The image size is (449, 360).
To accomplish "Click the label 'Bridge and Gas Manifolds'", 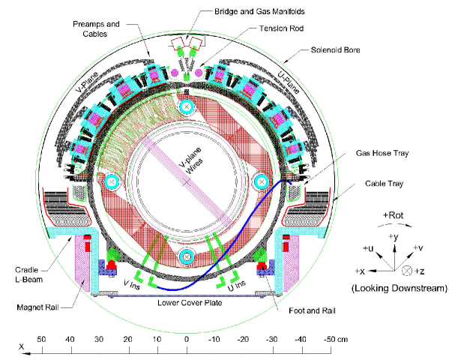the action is click(259, 11).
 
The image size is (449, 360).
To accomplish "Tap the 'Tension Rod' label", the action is click(282, 28).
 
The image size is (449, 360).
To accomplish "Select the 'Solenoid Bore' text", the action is click(335, 49).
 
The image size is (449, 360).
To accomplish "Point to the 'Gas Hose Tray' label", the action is click(382, 153).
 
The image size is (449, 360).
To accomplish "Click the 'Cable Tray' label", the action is click(384, 184).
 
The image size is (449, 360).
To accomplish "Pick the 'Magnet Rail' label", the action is click(37, 307).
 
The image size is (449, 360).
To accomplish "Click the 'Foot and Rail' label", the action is click(312, 310).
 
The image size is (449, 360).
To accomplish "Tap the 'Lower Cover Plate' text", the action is click(190, 303).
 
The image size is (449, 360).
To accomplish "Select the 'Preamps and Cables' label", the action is click(96, 29).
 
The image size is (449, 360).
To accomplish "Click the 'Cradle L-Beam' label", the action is click(28, 274).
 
